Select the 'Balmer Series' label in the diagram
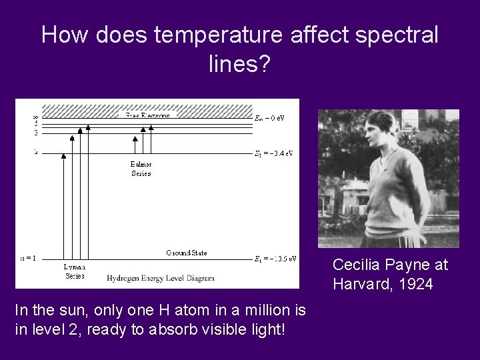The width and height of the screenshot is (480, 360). coord(141,169)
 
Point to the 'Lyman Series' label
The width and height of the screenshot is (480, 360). coord(74,271)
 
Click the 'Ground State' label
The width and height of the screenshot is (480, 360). coord(187,253)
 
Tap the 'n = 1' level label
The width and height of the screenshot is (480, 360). coord(28,258)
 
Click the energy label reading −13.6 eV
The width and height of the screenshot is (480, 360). coord(275,259)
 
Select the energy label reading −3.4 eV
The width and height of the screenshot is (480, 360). coord(274,153)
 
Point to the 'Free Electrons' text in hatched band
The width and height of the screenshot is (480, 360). coord(147,115)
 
